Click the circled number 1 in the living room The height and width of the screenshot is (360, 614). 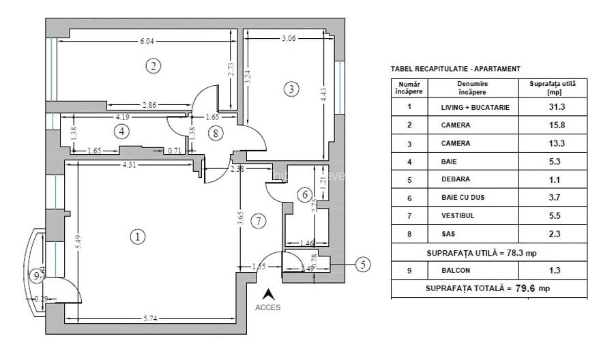tap(138, 237)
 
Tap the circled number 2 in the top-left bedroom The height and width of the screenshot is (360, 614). tap(154, 66)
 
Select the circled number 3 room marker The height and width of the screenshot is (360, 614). tap(291, 89)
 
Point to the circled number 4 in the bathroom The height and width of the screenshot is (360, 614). tap(121, 131)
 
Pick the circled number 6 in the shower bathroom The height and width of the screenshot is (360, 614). tap(304, 195)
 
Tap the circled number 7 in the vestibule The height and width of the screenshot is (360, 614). tap(257, 221)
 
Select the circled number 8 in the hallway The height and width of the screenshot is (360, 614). tap(216, 134)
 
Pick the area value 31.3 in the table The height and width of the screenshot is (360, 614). tap(553, 108)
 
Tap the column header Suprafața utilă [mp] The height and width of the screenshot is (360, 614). tap(553, 87)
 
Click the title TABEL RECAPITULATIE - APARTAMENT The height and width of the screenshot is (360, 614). tap(455, 69)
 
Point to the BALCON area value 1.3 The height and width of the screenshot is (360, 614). tap(553, 271)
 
